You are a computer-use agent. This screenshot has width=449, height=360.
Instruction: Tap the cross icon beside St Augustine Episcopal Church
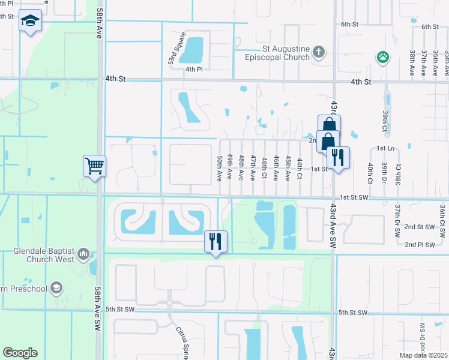(319, 53)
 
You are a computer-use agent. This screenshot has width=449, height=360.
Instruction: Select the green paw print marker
(382, 58)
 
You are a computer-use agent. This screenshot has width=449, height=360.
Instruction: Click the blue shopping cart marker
(95, 166)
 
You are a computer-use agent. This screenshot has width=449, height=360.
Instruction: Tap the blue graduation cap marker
(30, 22)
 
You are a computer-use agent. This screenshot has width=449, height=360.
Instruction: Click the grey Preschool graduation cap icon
(56, 288)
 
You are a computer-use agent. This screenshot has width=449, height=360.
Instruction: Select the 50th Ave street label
(220, 167)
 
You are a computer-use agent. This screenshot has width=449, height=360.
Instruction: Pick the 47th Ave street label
(253, 167)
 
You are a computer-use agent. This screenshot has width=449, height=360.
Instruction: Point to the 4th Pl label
(191, 69)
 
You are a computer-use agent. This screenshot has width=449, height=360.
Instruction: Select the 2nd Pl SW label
(419, 244)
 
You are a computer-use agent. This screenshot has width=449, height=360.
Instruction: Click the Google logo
(20, 353)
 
